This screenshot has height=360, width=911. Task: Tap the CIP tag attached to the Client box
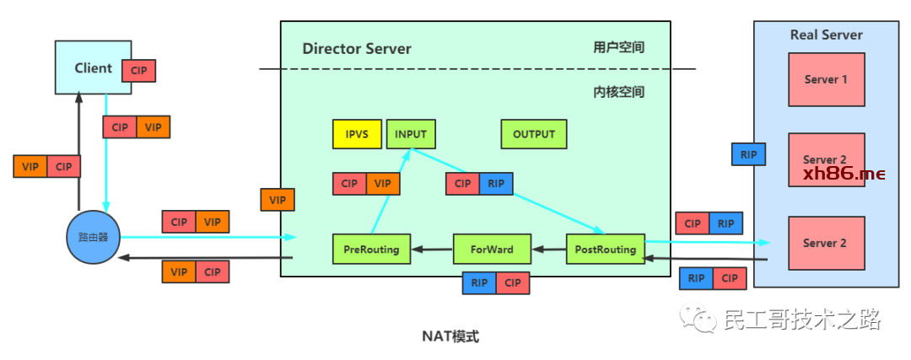[139, 70]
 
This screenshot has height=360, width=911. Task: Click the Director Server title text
[357, 48]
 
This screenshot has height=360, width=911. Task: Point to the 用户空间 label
[618, 47]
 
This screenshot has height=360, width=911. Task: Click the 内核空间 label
[618, 91]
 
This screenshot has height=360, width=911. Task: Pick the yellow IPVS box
[358, 134]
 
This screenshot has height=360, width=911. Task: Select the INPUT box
[411, 134]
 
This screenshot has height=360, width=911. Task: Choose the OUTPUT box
[534, 134]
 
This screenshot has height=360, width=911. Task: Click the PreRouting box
[371, 250]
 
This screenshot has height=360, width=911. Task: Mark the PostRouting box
[605, 250]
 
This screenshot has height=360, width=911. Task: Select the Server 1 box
[826, 79]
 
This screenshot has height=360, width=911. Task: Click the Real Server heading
[826, 35]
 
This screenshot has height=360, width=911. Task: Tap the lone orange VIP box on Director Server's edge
[278, 200]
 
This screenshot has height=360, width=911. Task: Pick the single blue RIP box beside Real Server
[748, 154]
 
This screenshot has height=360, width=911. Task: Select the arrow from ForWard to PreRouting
[432, 250]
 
